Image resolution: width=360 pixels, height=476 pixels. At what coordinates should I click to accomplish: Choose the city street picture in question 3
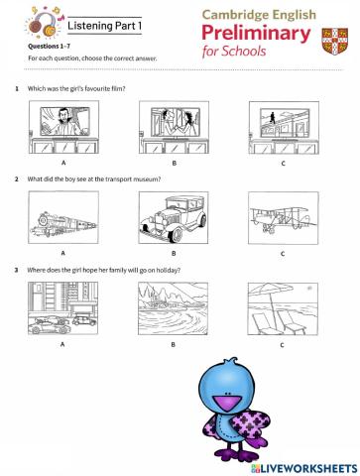point(62,308)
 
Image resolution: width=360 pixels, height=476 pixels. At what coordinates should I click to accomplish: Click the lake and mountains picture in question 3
point(173,308)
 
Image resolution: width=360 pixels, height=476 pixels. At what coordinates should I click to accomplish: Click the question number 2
point(16,178)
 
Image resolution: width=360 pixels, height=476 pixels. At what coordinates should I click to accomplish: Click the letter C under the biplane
point(282,254)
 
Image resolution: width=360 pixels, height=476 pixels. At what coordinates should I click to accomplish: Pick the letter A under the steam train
point(62,253)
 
